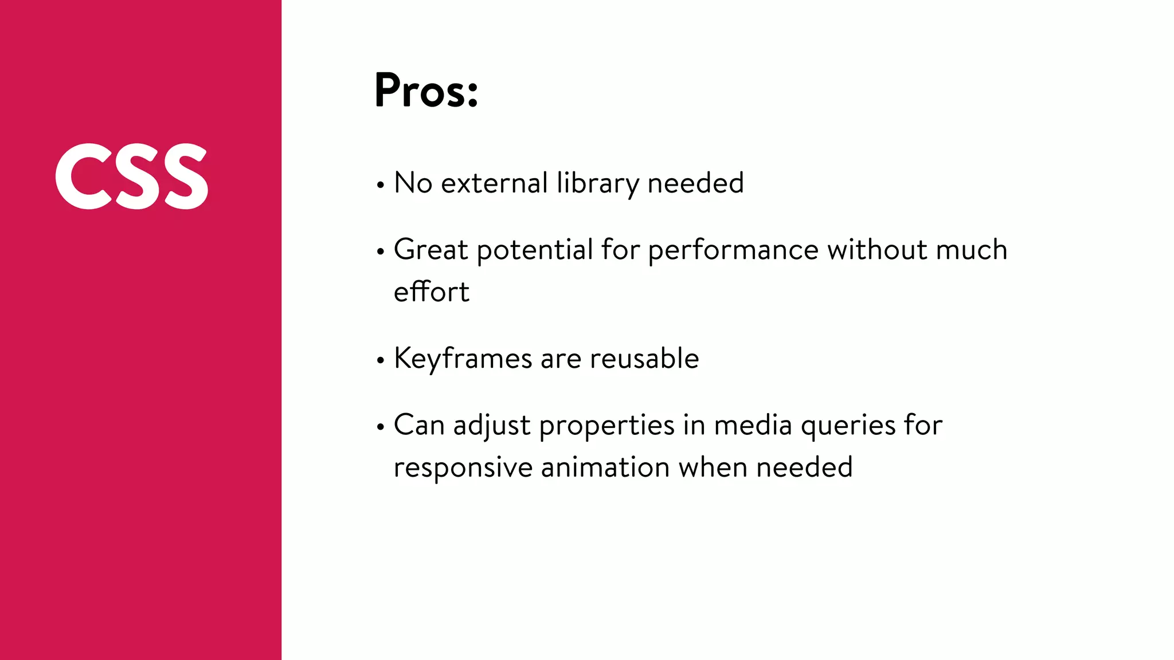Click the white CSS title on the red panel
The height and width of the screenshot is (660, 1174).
pos(132,176)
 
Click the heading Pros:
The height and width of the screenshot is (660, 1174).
pos(426,91)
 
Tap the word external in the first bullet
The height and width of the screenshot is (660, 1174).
pos(495,183)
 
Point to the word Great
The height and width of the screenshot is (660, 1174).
pos(431,250)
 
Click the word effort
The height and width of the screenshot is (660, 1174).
pos(432,292)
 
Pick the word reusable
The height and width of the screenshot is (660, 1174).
pos(644,359)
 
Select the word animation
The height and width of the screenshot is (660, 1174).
pos(605,467)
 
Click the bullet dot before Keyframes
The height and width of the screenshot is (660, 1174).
pos(380,361)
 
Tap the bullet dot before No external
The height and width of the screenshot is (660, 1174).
pos(380,186)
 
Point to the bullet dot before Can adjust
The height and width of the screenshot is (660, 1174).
pos(380,427)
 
